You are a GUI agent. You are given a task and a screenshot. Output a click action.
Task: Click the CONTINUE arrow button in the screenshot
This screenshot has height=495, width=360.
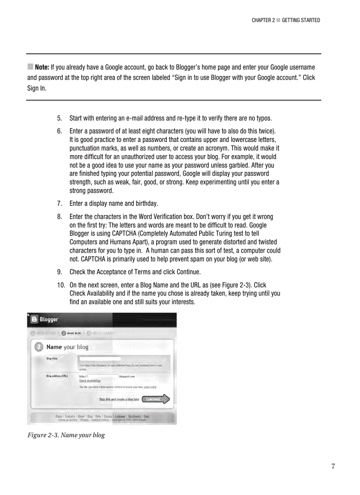(156, 399)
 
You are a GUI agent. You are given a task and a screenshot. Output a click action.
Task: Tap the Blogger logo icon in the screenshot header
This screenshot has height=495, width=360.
(34, 319)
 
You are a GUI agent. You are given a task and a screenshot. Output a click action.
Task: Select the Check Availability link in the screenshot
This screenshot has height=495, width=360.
(90, 380)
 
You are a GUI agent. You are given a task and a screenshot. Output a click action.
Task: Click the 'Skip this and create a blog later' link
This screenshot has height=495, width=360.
(119, 399)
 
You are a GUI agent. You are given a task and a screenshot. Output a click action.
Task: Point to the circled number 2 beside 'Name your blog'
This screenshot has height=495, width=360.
(38, 347)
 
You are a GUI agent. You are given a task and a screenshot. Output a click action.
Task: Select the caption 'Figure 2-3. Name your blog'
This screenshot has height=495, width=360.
(66, 435)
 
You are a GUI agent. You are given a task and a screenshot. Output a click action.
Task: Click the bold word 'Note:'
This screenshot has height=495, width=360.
(42, 67)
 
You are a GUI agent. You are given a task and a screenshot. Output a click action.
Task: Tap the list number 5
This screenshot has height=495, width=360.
(59, 119)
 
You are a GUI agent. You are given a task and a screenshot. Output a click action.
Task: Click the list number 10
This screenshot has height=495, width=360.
(60, 285)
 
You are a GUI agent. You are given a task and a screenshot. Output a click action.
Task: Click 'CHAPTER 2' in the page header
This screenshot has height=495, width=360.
(263, 20)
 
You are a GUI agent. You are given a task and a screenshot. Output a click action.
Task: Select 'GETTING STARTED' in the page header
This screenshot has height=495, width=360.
(301, 20)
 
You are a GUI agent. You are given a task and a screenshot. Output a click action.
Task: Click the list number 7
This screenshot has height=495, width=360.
(59, 204)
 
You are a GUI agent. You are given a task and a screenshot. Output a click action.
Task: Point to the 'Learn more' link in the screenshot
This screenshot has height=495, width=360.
(150, 387)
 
